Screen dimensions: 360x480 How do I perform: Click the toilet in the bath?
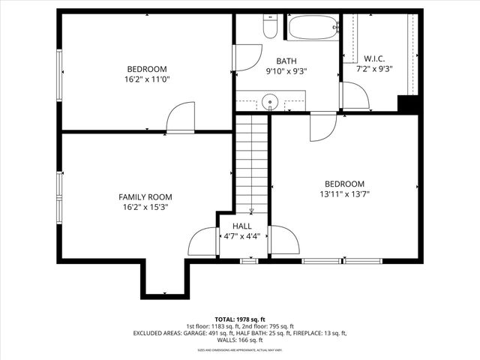(270, 27)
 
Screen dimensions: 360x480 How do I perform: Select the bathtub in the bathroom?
(313, 28)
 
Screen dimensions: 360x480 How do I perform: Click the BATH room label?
(286, 61)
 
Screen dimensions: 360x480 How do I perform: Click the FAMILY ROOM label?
(145, 196)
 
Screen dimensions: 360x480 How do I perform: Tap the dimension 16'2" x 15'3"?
(145, 207)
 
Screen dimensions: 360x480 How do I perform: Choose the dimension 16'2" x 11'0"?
(146, 79)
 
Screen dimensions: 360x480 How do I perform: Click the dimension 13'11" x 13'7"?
(344, 193)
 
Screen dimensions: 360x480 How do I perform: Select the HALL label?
(241, 226)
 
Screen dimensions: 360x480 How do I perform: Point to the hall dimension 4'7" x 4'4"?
(241, 235)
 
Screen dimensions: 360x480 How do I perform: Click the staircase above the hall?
(251, 161)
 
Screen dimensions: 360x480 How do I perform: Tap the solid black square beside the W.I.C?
(408, 104)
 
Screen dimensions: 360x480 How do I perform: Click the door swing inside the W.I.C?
(354, 94)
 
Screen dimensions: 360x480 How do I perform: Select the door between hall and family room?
(202, 241)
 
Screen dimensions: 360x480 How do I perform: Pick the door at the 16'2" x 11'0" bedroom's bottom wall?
(180, 119)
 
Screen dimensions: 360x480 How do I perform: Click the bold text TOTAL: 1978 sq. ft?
(239, 319)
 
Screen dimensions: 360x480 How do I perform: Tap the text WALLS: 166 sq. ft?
(239, 341)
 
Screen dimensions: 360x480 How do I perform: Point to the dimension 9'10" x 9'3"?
(286, 72)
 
